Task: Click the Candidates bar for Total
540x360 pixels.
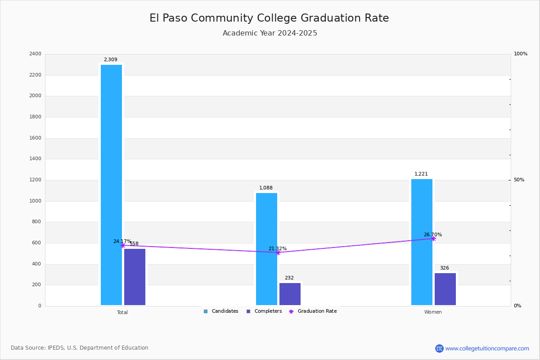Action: [111, 184]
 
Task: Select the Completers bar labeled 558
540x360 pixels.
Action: [135, 277]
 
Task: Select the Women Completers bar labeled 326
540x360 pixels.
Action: [445, 289]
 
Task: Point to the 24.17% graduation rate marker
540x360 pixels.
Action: [123, 246]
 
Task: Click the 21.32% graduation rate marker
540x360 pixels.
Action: [278, 252]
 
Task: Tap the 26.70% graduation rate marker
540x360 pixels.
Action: [433, 238]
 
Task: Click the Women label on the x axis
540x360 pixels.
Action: [433, 312]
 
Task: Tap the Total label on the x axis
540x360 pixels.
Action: [122, 312]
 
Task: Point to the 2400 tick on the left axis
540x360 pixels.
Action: [35, 54]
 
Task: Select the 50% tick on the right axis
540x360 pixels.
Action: [519, 180]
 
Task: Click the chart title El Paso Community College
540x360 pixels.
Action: [269, 18]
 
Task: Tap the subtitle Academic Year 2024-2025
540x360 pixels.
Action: [270, 33]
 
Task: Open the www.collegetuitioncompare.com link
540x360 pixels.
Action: [487, 348]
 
